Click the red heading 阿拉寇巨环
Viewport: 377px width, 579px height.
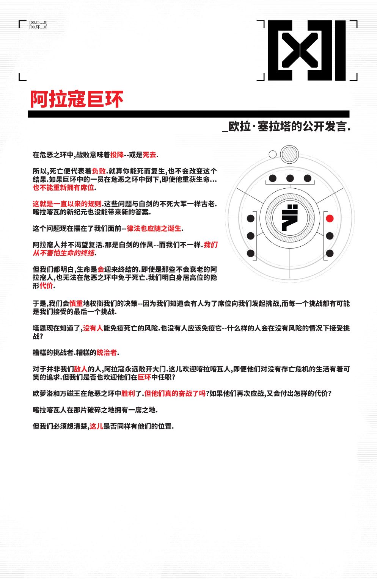point(77,99)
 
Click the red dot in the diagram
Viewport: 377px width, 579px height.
point(330,218)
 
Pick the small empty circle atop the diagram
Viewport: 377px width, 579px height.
point(272,154)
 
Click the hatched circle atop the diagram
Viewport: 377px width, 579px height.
point(290,154)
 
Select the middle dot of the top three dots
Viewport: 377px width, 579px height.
point(290,178)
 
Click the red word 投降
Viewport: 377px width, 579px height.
point(117,155)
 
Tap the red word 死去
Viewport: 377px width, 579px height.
point(149,155)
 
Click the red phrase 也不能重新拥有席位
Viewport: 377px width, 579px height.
point(63,188)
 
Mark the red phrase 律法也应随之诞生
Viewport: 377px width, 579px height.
point(154,228)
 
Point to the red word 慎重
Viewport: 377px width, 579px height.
point(76,304)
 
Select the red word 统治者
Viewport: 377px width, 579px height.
point(107,353)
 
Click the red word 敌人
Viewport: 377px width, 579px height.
point(80,369)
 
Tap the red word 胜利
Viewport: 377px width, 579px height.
point(128,394)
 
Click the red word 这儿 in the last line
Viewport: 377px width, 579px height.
point(96,426)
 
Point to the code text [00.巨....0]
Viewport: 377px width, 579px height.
point(38,23)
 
